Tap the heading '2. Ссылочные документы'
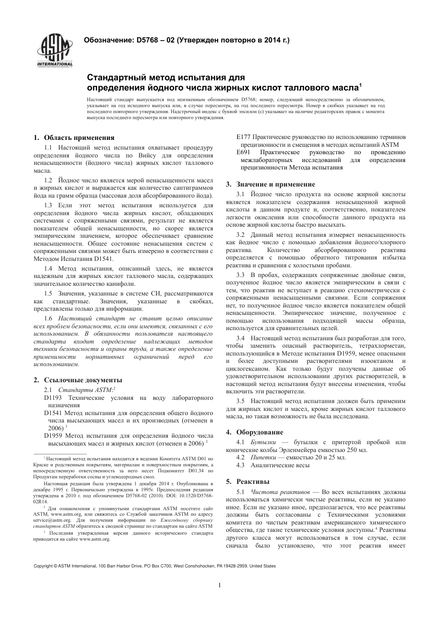78,380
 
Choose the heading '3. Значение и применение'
270,184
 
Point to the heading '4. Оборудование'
255,432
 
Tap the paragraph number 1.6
48,319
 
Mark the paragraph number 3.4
240,338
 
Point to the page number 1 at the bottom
219,585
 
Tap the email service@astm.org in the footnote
52,519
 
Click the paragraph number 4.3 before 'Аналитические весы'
240,465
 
